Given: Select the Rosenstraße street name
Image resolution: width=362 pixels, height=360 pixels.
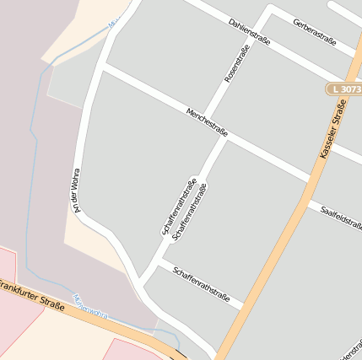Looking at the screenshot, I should coord(239,65).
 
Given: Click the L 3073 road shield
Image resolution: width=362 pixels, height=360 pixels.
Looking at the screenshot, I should coord(344,89).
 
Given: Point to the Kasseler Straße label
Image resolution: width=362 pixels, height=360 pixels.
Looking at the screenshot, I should coord(333,128).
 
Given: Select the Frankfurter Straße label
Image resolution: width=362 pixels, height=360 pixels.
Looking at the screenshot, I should coord(32,298).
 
